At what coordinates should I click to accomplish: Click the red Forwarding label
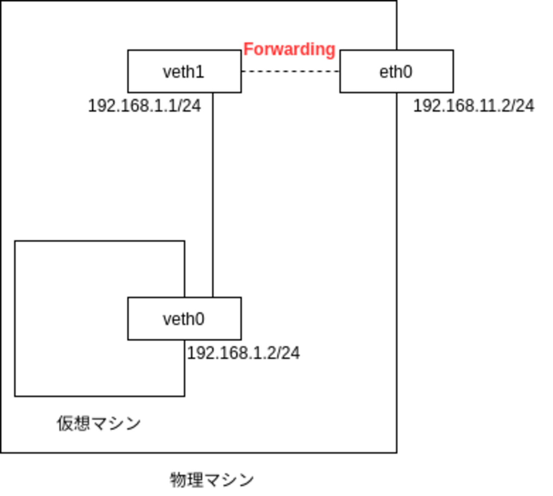pos(289,49)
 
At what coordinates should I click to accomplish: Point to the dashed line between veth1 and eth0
pos(291,71)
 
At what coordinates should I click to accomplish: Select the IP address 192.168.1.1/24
pos(144,106)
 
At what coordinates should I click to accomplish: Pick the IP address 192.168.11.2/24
pos(473,106)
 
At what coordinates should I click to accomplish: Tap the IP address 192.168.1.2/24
pos(243,353)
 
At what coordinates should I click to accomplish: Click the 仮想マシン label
pos(99,423)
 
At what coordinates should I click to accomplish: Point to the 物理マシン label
pos(212,480)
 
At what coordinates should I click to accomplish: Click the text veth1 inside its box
pos(183,72)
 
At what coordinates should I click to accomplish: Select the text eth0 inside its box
pos(396,72)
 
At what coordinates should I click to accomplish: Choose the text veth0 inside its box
pos(183,319)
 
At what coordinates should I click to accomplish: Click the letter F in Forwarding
pos(248,49)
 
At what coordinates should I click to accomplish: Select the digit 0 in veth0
pos(200,319)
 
